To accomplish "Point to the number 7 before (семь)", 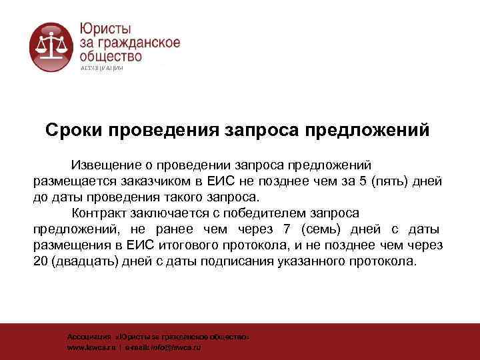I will point(287,230).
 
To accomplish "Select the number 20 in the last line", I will point(41,262).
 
